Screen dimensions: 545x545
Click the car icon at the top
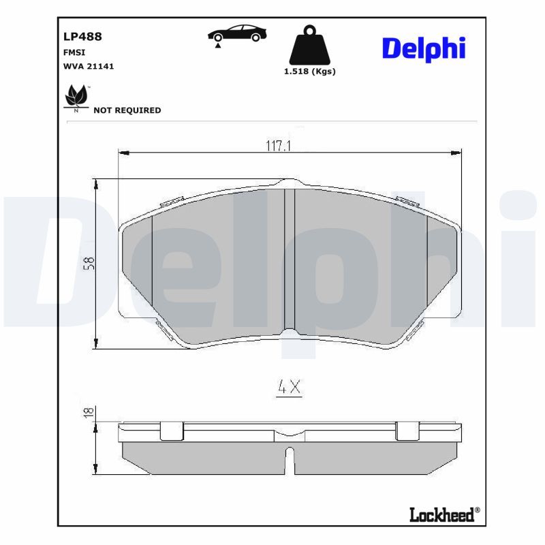coord(237,34)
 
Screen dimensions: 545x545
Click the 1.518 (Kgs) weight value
coord(310,71)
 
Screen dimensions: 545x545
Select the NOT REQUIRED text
coord(127,110)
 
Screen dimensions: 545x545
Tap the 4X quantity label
coord(289,388)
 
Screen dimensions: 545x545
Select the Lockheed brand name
coord(441,515)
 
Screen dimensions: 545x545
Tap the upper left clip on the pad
coord(171,202)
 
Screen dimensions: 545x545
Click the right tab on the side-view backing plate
coord(407,431)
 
